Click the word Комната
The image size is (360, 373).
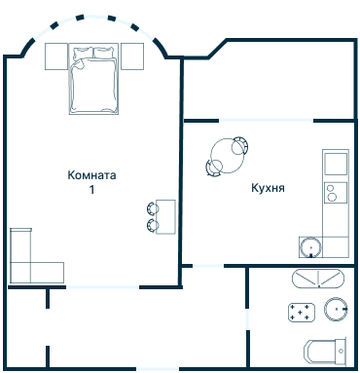92,176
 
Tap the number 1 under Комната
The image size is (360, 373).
92,191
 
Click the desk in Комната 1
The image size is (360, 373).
166,216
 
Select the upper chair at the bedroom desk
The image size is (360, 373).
153,207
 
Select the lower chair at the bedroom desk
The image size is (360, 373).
153,225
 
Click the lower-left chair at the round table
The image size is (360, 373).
212,168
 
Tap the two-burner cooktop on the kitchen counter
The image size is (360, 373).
334,191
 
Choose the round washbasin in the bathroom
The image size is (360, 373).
337,310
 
